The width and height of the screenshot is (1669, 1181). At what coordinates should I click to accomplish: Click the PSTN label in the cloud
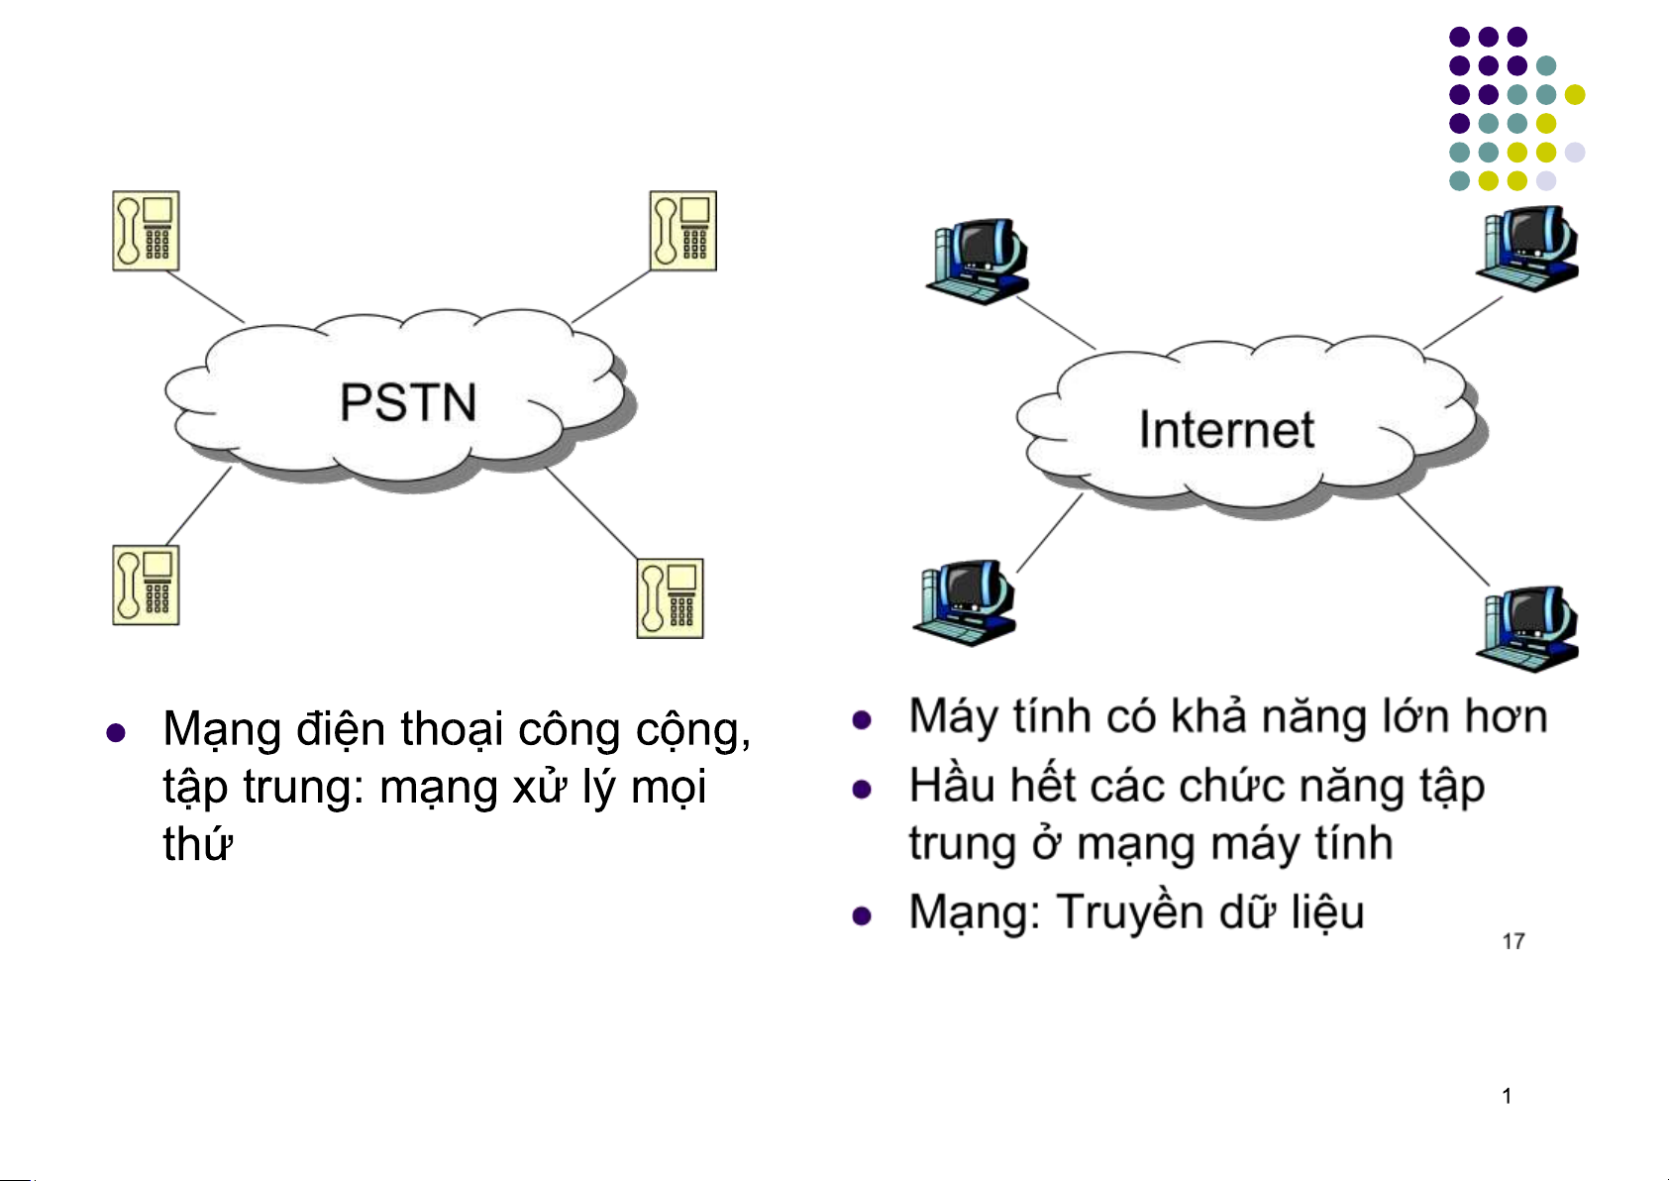tap(408, 402)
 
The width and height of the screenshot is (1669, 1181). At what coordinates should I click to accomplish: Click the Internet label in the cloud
tap(1226, 430)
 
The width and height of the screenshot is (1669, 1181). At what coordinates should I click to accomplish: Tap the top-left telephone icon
tap(146, 231)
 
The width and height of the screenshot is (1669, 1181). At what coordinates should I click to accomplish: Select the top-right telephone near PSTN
tap(682, 231)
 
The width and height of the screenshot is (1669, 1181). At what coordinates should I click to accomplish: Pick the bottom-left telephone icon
tap(146, 585)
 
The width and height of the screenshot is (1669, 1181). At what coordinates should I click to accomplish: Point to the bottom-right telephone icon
tap(670, 597)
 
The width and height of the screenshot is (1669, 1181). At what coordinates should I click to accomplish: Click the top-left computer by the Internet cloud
tap(977, 260)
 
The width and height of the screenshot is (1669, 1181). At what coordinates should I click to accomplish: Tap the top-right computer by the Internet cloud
tap(1526, 248)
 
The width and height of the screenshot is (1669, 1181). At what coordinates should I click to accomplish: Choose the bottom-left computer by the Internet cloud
tap(964, 601)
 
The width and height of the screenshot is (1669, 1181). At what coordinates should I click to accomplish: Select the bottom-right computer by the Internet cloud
tap(1526, 628)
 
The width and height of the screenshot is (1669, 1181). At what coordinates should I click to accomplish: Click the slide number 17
tap(1513, 941)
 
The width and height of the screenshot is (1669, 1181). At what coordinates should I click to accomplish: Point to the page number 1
tap(1507, 1096)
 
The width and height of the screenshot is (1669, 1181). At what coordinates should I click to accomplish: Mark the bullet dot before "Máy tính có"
tap(862, 720)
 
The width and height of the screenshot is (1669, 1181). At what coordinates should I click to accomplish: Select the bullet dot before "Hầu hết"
tap(862, 790)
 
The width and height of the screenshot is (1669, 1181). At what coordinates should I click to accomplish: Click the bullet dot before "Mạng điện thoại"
tap(116, 733)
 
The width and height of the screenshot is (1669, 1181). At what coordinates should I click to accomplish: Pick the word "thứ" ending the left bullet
tap(198, 845)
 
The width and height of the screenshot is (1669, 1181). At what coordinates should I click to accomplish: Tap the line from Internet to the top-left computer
tap(1056, 322)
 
